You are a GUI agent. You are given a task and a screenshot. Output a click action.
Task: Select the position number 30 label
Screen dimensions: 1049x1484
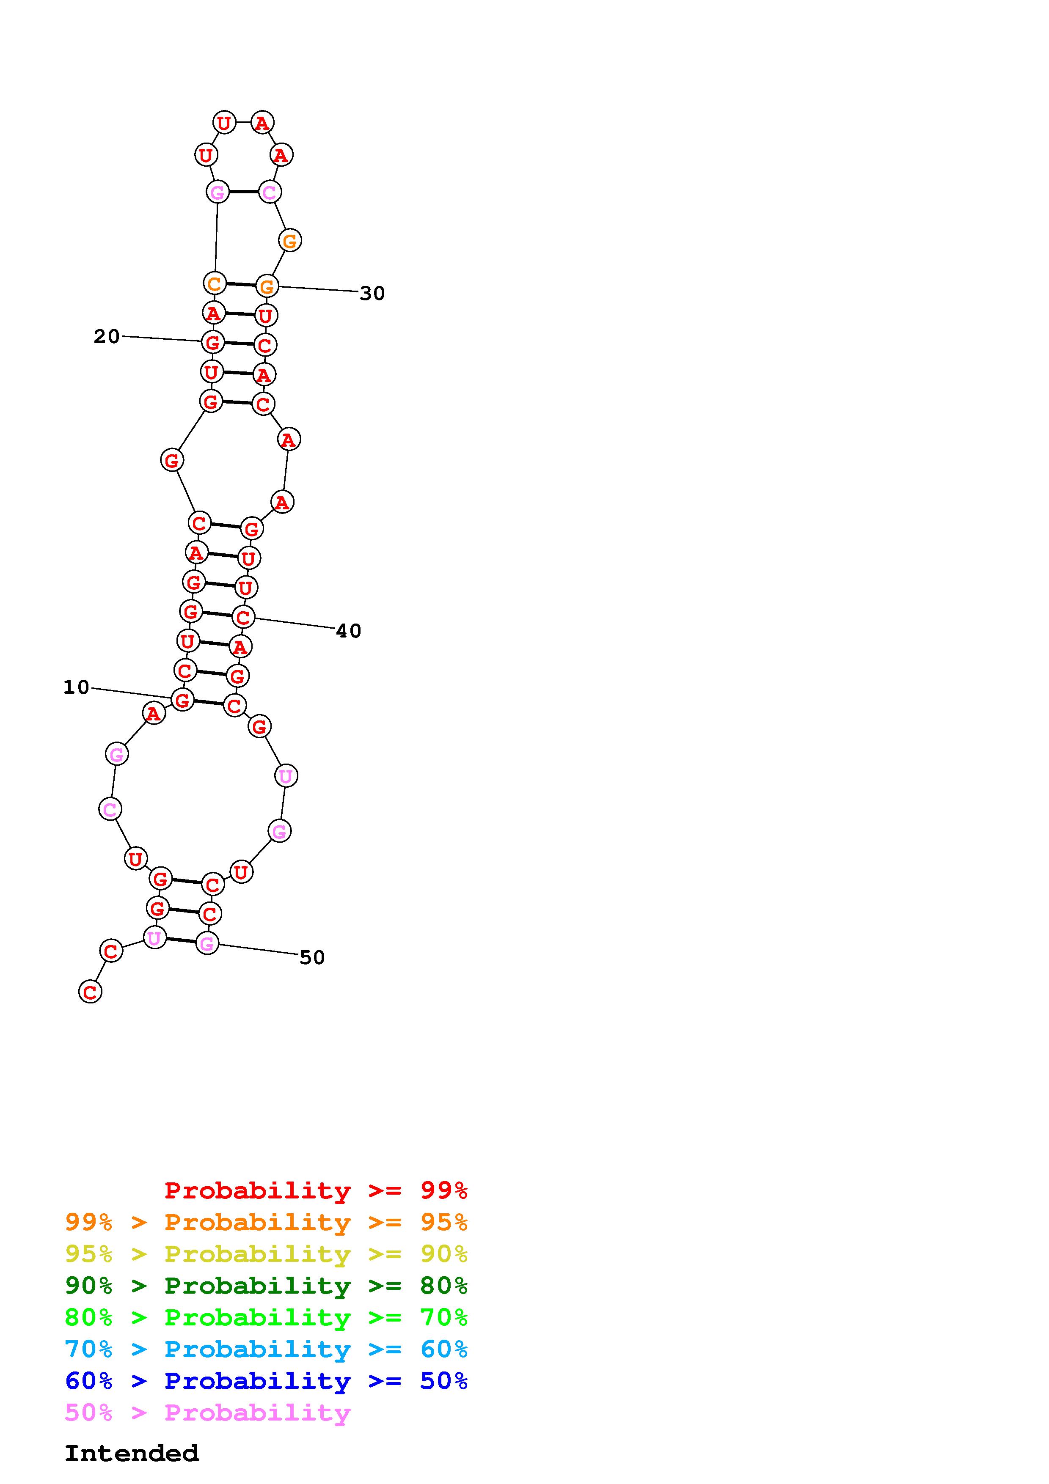[372, 294]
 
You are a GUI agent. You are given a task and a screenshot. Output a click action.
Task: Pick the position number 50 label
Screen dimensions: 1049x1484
[312, 957]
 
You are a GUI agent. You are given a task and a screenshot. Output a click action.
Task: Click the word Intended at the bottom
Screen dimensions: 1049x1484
[132, 1454]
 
